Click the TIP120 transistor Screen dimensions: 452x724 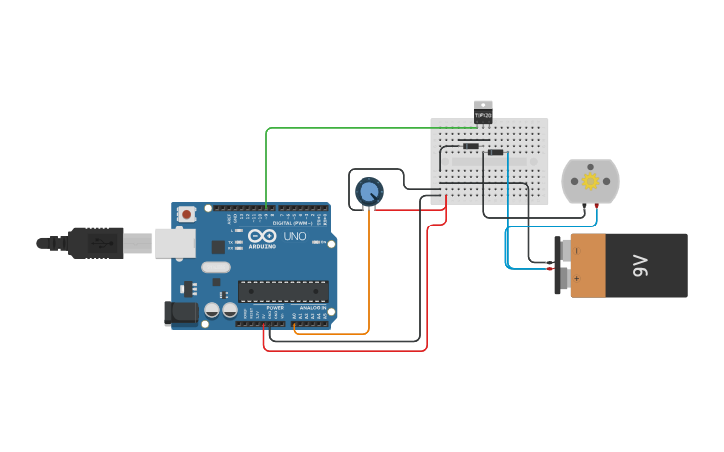(483, 111)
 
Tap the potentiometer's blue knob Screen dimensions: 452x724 (368, 191)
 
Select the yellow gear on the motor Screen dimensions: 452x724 (590, 181)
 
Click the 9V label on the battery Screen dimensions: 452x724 (641, 266)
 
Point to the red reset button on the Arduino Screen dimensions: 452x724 (187, 213)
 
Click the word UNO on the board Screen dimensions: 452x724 (295, 237)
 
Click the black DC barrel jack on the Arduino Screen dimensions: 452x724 (180, 312)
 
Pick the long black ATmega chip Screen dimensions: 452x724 (283, 291)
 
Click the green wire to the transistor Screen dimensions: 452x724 (360, 128)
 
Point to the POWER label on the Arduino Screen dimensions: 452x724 (275, 308)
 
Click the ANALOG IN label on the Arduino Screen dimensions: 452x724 (313, 308)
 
